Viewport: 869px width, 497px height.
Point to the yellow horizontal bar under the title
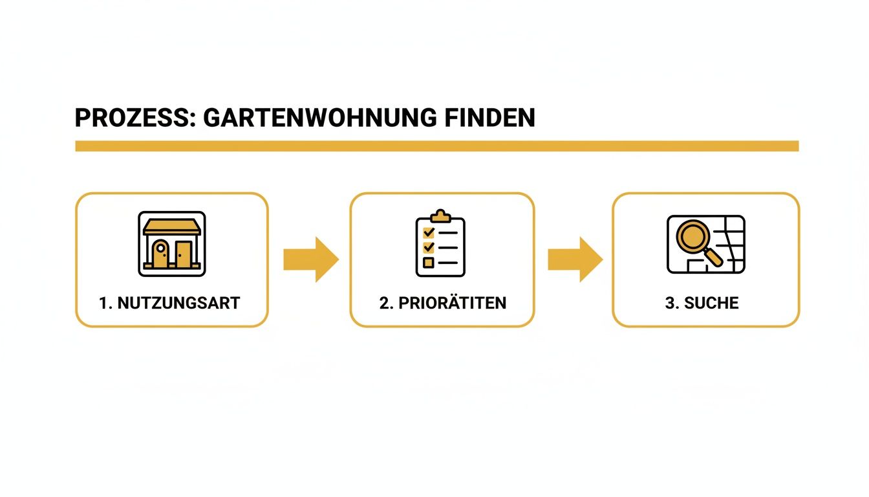pyautogui.click(x=436, y=146)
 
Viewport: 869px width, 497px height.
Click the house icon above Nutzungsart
pyautogui.click(x=172, y=244)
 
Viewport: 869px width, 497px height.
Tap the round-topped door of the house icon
pyautogui.click(x=160, y=253)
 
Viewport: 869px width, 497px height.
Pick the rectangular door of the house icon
pyautogui.click(x=184, y=254)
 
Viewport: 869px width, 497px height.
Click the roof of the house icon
pyautogui.click(x=172, y=226)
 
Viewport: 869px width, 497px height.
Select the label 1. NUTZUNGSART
pyautogui.click(x=169, y=303)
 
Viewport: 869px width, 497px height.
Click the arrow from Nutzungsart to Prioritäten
pyautogui.click(x=310, y=260)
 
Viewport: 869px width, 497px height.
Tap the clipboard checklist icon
pyautogui.click(x=440, y=244)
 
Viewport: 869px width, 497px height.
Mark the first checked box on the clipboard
pyautogui.click(x=427, y=232)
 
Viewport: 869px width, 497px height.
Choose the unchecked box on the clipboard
pyautogui.click(x=427, y=262)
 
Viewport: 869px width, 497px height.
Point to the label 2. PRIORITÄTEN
pyautogui.click(x=443, y=303)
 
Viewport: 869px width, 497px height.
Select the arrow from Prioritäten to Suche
pyautogui.click(x=575, y=260)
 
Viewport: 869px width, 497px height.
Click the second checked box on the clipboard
pyautogui.click(x=427, y=247)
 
